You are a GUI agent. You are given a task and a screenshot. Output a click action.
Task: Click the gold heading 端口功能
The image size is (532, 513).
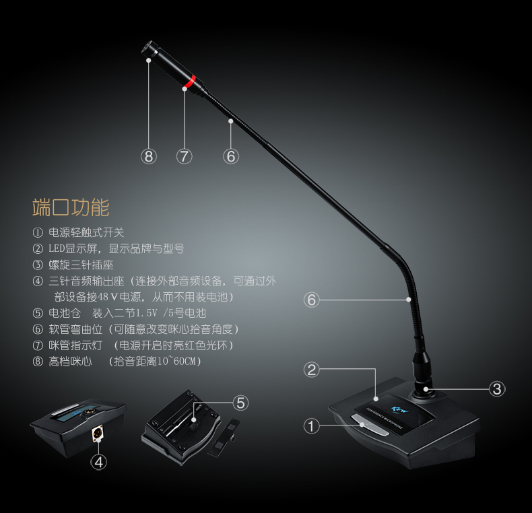(x=71, y=207)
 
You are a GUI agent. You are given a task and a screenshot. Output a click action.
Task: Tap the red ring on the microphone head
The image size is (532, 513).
(x=190, y=81)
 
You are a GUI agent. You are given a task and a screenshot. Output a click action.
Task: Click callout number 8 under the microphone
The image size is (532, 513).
(x=149, y=156)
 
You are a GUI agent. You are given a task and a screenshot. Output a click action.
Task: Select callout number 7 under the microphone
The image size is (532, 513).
(x=185, y=156)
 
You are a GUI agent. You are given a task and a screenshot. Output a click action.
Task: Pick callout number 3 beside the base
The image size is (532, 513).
(x=497, y=389)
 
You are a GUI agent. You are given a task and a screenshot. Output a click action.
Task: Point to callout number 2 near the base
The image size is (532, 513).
(x=312, y=370)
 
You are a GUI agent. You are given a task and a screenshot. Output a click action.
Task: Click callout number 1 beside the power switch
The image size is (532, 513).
(x=312, y=425)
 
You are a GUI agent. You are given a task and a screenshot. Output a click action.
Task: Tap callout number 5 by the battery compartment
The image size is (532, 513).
(x=240, y=403)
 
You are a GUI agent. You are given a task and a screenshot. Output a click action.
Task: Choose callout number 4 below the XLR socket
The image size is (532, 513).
(x=99, y=462)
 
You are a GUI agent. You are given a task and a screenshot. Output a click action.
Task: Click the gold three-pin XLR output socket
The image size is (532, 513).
(x=98, y=433)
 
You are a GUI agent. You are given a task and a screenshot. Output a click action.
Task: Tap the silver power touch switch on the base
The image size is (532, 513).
(x=370, y=424)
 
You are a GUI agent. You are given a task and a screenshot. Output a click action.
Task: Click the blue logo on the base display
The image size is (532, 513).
(x=400, y=409)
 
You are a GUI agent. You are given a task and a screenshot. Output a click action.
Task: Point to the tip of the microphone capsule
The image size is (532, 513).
(x=146, y=48)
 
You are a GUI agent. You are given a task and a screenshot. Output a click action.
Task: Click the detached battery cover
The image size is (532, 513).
(x=224, y=437)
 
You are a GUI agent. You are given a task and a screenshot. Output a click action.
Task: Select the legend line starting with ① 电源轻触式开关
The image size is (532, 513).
(x=78, y=232)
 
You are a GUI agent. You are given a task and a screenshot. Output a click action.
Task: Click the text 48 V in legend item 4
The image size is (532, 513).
(x=108, y=297)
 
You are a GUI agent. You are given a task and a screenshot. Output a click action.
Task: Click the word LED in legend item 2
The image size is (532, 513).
(x=57, y=248)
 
